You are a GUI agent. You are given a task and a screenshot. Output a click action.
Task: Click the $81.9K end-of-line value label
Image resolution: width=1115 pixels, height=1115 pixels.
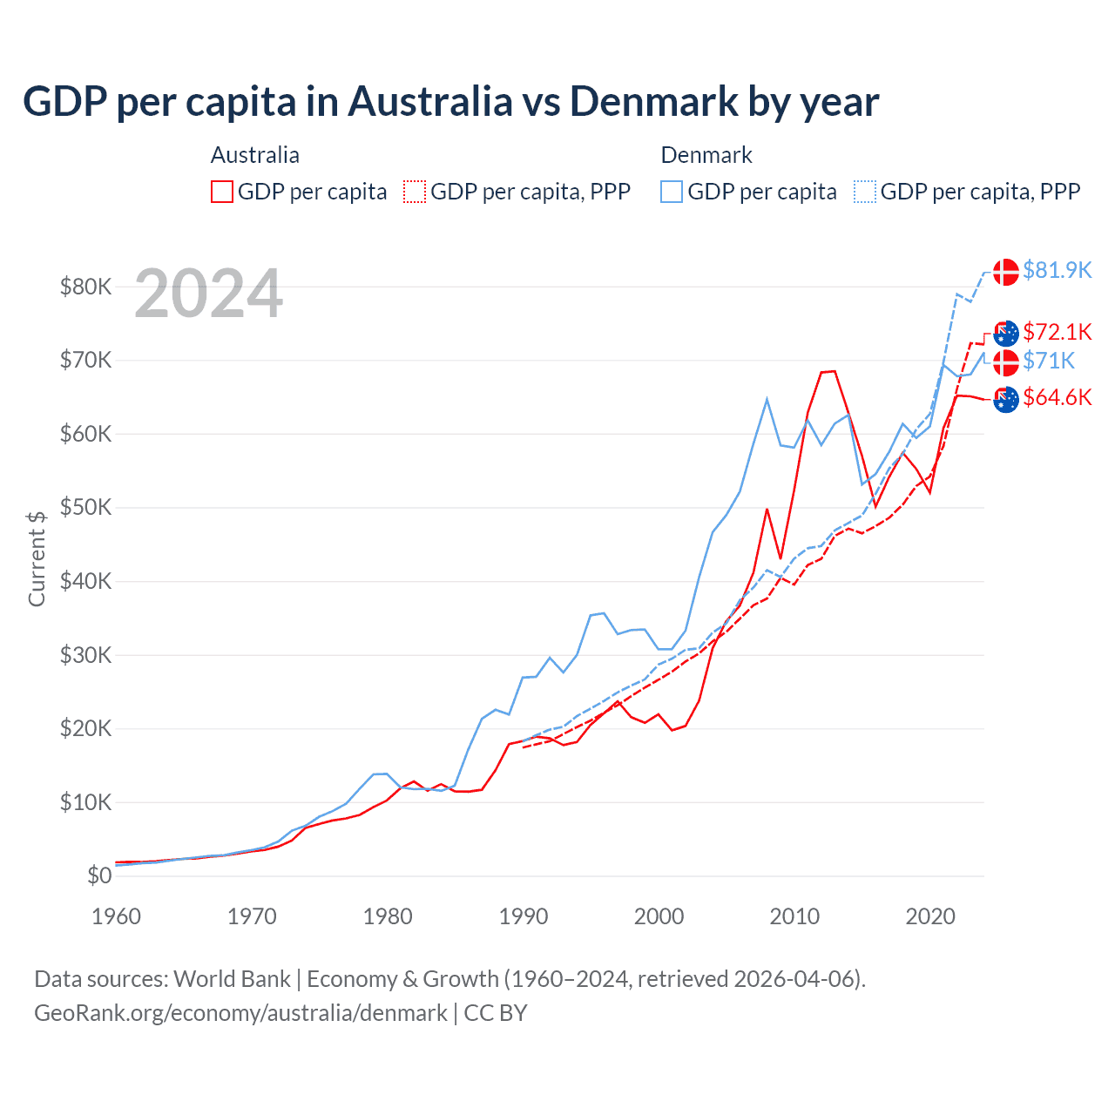(1057, 270)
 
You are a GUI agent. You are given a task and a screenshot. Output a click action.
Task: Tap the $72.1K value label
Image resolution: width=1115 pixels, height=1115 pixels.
(1057, 332)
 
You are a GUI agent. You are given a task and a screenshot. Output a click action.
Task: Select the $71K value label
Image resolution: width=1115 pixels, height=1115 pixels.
(1049, 361)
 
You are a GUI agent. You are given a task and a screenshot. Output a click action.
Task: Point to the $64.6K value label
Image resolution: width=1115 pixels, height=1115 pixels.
(1057, 397)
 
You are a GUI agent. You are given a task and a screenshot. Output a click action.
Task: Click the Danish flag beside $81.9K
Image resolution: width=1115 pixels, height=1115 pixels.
(1006, 271)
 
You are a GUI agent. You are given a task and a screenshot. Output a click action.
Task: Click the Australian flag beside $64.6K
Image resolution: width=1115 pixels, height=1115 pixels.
(1006, 400)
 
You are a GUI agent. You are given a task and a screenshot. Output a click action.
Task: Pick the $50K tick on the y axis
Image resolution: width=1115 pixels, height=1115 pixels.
(85, 507)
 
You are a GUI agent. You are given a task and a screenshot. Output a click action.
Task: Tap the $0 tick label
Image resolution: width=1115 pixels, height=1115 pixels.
(99, 875)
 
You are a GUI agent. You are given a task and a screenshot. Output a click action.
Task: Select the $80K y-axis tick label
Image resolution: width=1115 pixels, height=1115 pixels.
(85, 287)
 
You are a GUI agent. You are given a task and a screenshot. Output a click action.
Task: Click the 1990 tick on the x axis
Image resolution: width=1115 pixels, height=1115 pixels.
(524, 916)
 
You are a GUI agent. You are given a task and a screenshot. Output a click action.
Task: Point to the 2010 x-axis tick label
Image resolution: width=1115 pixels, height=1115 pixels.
(794, 916)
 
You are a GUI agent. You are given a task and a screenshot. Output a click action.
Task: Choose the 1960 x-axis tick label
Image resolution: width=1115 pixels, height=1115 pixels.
(116, 916)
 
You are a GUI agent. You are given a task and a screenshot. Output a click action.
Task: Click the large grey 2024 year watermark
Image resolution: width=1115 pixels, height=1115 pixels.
(208, 294)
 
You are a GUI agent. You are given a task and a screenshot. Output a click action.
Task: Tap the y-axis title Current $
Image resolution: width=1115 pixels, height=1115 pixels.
(37, 558)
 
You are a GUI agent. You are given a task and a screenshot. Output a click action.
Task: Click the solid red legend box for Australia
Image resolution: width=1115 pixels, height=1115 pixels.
(222, 192)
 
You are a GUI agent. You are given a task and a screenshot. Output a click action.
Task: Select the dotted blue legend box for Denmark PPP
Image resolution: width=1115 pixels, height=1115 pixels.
(865, 192)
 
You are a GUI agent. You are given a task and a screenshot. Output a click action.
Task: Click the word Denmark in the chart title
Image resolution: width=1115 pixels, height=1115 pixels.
(653, 101)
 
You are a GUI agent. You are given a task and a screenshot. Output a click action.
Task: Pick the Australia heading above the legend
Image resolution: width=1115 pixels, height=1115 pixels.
(254, 155)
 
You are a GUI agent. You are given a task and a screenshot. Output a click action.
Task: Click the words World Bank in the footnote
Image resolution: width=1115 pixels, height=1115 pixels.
(232, 979)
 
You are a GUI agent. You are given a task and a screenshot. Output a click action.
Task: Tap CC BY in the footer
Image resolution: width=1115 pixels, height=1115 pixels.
(495, 1013)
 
